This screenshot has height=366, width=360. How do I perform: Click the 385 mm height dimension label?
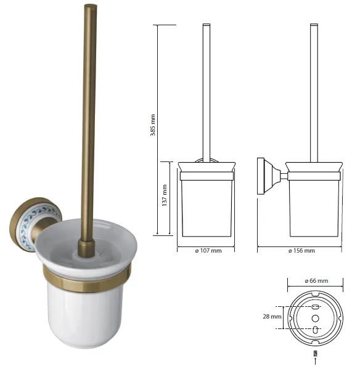[153, 125]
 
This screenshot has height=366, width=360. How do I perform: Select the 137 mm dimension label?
[165, 195]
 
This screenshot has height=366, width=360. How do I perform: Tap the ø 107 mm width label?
[208, 251]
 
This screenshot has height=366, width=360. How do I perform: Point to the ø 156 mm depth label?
[301, 251]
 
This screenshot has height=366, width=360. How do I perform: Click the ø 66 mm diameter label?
[316, 281]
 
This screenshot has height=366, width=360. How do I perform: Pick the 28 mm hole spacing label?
[272, 317]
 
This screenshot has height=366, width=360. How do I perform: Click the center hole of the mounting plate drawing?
[315, 318]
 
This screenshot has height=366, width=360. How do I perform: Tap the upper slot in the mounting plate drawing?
[315, 307]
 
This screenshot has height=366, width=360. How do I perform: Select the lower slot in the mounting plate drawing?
[315, 330]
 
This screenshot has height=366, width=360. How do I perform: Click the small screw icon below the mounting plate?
[315, 354]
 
